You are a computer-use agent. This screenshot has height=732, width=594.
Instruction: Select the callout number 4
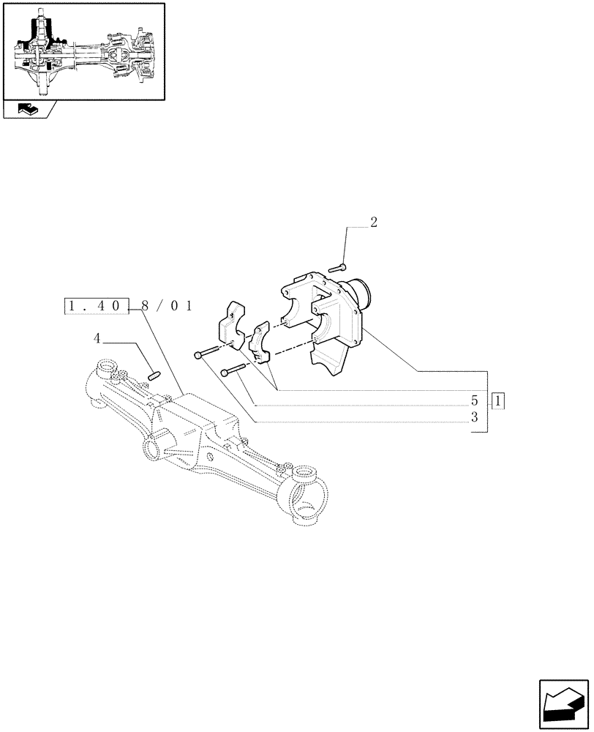pos(97,338)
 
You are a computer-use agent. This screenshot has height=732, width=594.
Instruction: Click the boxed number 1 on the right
pos(498,401)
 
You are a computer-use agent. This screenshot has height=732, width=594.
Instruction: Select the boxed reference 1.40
pos(97,307)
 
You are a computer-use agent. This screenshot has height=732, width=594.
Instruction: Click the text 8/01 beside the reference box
pos(166,307)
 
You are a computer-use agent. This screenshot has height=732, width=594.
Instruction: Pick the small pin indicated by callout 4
pos(154,376)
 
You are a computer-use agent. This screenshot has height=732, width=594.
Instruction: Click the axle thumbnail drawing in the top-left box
pos(83,52)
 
